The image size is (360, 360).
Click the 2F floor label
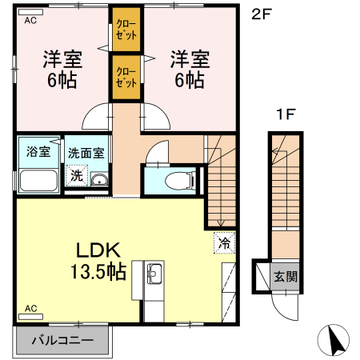point(263,13)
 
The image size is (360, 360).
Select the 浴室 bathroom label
point(36,152)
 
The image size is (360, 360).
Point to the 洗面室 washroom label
point(86,152)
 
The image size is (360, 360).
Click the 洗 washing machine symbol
point(77,174)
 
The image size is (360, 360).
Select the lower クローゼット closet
point(126,77)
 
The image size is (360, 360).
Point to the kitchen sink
point(154,277)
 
